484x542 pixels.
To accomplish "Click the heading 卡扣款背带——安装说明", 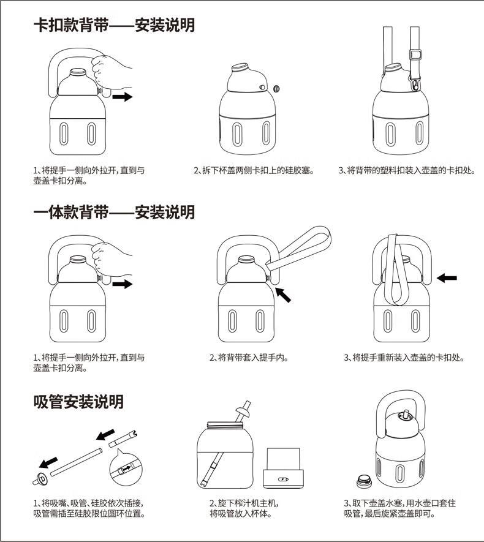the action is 114,25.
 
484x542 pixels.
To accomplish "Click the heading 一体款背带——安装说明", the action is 114,213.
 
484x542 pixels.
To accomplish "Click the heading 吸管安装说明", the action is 78,402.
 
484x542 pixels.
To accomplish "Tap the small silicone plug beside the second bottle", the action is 276,89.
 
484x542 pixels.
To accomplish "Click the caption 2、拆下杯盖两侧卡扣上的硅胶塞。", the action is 254,171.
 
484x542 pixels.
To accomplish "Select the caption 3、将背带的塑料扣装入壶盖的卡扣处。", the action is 407,171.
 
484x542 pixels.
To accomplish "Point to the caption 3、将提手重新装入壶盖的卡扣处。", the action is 403,358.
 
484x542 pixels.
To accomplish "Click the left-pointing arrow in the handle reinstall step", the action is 447,278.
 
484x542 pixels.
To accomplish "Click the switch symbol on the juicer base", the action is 283,481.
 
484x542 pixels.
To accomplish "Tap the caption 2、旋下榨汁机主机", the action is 244,503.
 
